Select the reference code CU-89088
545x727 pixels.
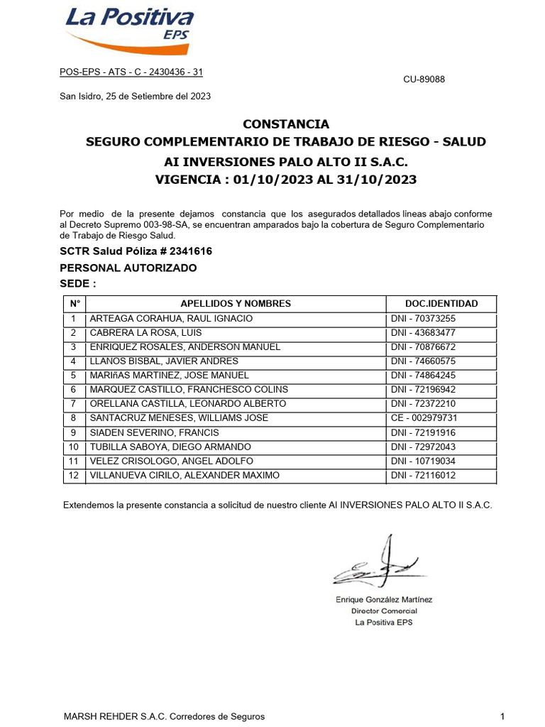[x=424, y=80]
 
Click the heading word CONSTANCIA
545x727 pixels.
[x=286, y=124]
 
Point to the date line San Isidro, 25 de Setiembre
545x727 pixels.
[x=135, y=96]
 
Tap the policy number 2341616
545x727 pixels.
[x=186, y=251]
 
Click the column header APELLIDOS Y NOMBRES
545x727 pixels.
[x=236, y=303]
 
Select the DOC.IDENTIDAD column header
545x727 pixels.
[x=441, y=303]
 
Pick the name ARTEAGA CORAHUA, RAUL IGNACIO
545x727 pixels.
[x=171, y=319]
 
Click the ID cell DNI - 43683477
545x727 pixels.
[x=423, y=333]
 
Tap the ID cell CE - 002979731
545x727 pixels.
[x=424, y=418]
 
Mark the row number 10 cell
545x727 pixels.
[x=73, y=447]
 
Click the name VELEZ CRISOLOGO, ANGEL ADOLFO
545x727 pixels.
[x=171, y=461]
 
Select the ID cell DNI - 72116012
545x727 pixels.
[x=423, y=476]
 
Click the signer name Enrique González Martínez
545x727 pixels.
[x=383, y=599]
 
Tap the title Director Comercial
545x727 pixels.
[x=384, y=611]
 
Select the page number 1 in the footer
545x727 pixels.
[x=502, y=716]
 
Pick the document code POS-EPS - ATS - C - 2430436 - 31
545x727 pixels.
[x=131, y=72]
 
